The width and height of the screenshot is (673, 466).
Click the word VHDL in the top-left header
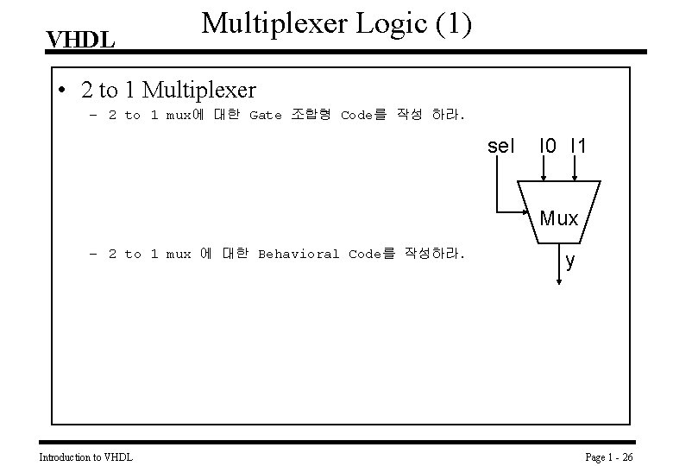coord(79,40)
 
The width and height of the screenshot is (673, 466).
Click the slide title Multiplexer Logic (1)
coord(336,24)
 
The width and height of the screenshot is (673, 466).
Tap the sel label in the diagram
coord(500,147)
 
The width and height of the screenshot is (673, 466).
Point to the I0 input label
coord(546,147)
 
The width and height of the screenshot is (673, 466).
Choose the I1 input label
coord(578,147)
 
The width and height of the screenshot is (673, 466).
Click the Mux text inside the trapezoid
coord(558,218)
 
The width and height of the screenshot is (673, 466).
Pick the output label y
coord(570,261)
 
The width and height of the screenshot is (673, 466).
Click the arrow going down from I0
coord(543,169)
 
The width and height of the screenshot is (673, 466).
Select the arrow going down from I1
coord(575,169)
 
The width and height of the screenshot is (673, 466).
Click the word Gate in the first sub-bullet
coord(265,116)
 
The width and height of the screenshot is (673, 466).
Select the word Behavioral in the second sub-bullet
coord(299,254)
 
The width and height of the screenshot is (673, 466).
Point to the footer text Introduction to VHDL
coord(86,456)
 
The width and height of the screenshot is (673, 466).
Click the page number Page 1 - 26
coord(609,456)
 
